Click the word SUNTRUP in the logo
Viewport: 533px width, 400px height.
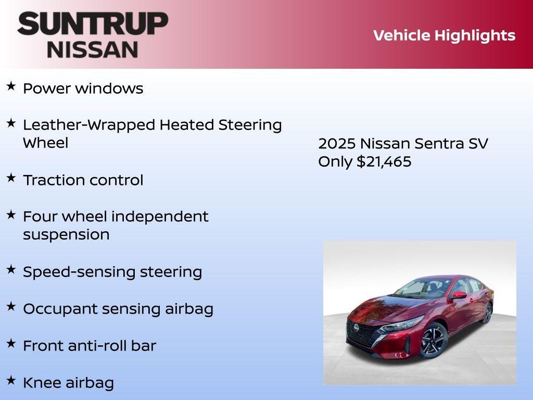[x=93, y=24]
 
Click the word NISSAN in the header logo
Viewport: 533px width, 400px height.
[x=93, y=49]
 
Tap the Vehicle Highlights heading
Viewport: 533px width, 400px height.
[x=444, y=35]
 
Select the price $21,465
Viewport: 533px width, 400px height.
[x=384, y=161]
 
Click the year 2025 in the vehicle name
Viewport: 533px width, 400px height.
[x=336, y=144]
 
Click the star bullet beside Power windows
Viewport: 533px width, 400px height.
[x=11, y=86]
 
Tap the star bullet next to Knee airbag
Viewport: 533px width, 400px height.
[x=11, y=381]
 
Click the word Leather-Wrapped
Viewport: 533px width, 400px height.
[x=89, y=125]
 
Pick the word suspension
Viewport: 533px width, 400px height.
[x=66, y=234]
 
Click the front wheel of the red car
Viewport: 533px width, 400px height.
[x=433, y=341]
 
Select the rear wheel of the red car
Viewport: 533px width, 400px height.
[x=488, y=312]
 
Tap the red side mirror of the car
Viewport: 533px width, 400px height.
[x=459, y=295]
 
